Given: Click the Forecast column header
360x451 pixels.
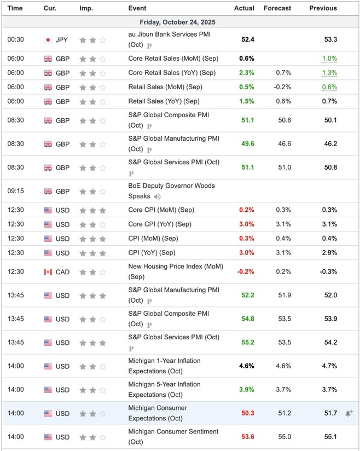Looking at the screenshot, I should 277,8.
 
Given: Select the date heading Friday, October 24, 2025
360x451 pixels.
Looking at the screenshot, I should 180,22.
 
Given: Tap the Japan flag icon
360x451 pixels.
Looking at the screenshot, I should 48,39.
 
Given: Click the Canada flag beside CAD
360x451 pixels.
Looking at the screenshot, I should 48,272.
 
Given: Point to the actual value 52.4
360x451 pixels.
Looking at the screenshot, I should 248,39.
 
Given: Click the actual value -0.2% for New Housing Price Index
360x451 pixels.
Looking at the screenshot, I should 246,272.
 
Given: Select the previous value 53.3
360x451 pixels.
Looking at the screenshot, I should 330,39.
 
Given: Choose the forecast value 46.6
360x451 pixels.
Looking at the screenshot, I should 284,144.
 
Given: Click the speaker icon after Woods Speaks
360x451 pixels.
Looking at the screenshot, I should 157,196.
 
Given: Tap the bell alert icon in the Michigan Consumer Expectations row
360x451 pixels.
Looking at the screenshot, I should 349,413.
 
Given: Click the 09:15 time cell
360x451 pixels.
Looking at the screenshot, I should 15,192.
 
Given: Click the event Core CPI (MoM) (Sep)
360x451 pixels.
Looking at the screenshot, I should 161,210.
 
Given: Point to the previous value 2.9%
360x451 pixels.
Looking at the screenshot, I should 329,253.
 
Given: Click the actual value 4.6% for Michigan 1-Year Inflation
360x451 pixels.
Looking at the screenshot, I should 247,366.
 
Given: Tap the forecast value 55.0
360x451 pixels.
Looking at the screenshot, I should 284,437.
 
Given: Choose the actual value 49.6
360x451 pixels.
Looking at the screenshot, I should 248,144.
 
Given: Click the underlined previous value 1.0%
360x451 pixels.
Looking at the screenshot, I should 329,59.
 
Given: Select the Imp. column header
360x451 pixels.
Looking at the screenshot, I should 86,8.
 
